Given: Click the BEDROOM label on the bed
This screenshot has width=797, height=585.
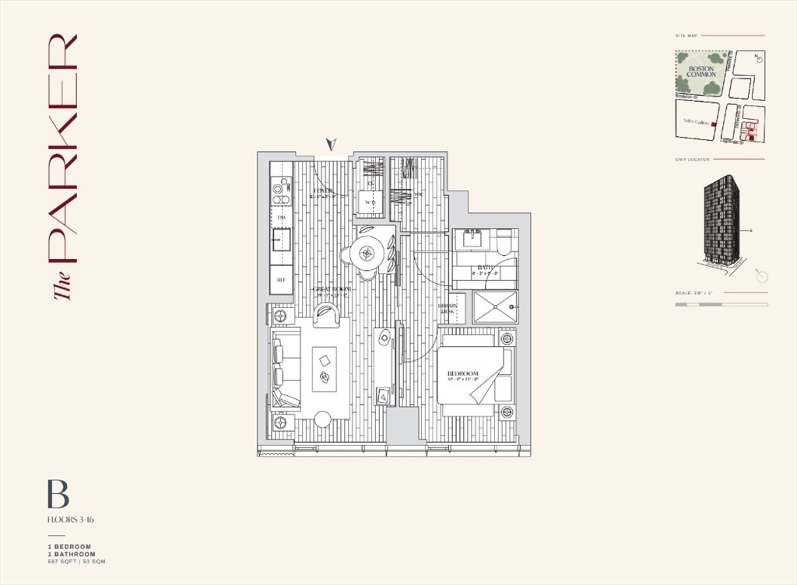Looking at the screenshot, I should coord(462,375).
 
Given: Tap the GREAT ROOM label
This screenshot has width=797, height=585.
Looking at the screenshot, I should coord(332,289).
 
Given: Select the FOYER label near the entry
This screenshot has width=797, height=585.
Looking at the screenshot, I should coord(324,191).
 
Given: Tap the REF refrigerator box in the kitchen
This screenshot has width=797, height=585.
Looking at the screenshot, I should coord(281,279).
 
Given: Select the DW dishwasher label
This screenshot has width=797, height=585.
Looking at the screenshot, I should coord(281,217).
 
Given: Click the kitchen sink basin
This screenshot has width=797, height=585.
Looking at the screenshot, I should coord(281,240).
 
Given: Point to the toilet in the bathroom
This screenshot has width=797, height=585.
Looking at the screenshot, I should coord(504,243).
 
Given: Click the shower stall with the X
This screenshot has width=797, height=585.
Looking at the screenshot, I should coord(494,307).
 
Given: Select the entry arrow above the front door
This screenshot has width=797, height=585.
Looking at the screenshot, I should coord(332,145).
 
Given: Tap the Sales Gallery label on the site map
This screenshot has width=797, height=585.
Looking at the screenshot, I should coord(695,121).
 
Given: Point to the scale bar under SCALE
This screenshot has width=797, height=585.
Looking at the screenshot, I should coord(721,304).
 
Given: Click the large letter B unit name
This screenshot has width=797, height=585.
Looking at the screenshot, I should coord(58,495).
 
